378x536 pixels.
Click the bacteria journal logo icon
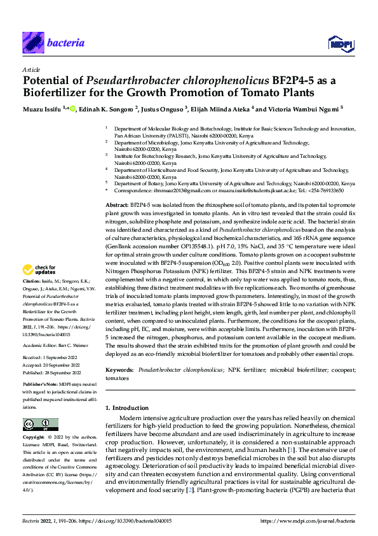[33, 43]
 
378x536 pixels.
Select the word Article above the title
[31, 70]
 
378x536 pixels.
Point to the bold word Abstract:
[116, 189]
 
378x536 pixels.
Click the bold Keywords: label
[120, 370]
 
